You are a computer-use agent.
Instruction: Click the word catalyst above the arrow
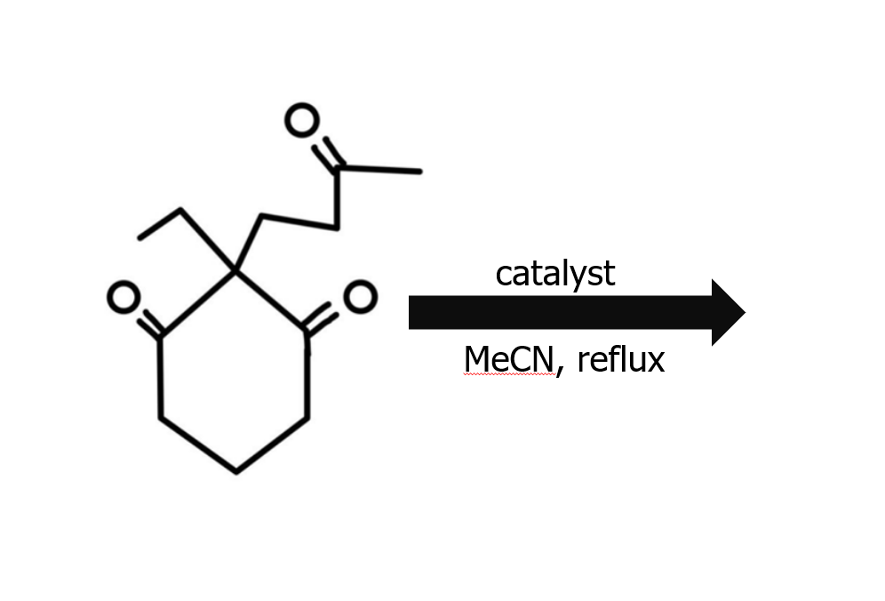554,274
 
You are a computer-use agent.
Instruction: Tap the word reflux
620,360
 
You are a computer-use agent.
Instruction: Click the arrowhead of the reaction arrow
728,312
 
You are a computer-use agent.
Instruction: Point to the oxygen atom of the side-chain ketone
302,120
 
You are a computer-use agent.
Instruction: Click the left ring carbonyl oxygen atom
123,298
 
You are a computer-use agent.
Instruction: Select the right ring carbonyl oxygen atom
359,298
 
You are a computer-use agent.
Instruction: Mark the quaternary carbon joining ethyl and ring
235,269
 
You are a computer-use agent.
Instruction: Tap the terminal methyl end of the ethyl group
140,237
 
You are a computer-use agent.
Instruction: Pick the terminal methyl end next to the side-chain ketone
419,171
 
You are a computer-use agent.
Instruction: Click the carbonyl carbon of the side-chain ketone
339,167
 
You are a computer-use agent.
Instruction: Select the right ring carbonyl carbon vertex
307,335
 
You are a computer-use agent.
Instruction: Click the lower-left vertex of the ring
160,417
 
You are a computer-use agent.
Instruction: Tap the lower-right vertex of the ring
307,417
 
